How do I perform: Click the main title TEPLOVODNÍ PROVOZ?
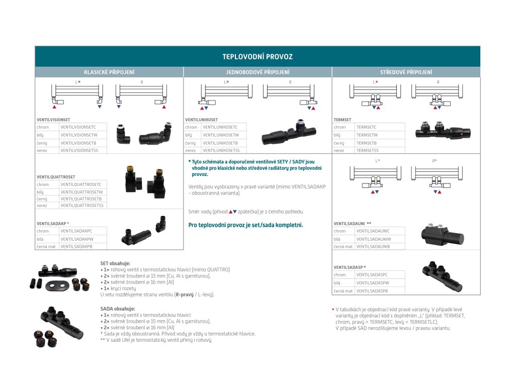tap(257, 57)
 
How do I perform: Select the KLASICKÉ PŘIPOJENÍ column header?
tap(109, 72)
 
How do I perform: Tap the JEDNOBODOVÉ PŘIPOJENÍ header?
tap(257, 72)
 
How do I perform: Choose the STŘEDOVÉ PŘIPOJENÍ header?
tap(406, 72)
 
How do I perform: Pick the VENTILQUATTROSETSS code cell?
tap(81, 205)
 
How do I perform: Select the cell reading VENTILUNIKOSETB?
tap(221, 143)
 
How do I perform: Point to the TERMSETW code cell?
tap(367, 135)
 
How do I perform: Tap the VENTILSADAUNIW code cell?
tap(373, 239)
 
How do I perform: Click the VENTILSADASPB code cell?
tap(372, 291)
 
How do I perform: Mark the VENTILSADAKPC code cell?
tap(76, 231)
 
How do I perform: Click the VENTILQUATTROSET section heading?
tap(56, 177)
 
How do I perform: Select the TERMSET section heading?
tap(342, 120)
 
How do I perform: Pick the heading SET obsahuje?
tap(115, 263)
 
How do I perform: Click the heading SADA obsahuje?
tap(118, 309)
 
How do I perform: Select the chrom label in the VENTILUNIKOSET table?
tap(191, 127)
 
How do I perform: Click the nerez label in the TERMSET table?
tap(339, 150)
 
